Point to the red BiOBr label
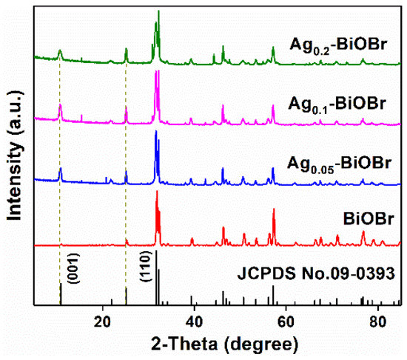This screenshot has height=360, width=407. (367, 221)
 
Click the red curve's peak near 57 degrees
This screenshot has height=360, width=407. (274, 210)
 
